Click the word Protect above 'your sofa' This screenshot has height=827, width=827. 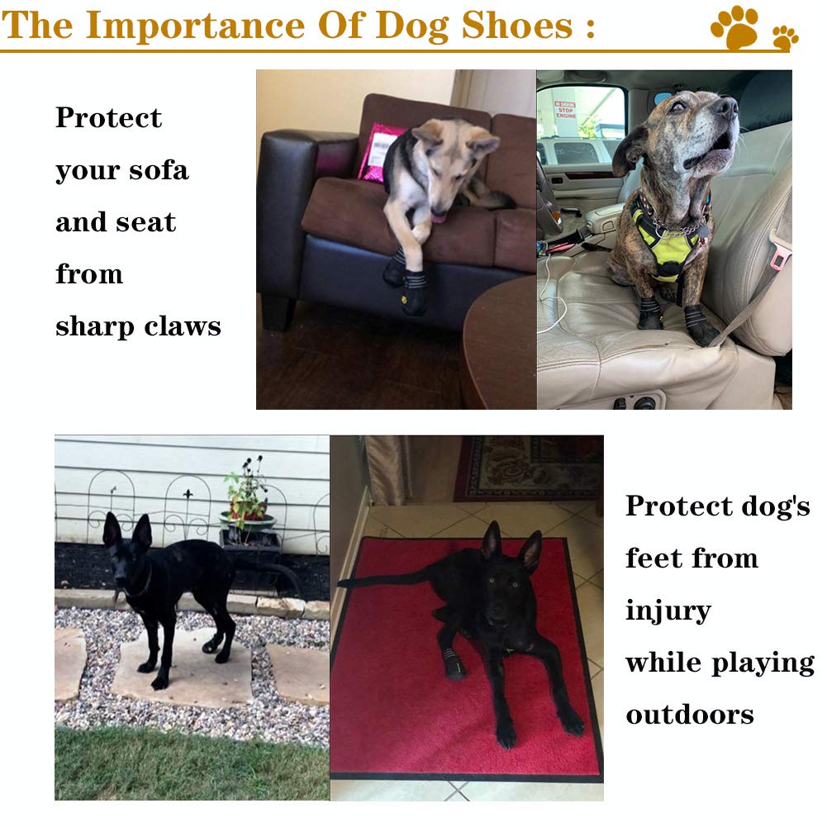tap(108, 118)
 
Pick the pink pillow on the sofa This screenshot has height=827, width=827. tap(376, 151)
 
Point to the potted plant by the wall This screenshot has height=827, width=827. tap(246, 504)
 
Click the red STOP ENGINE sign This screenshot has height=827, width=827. tap(565, 109)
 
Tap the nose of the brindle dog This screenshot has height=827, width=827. tap(725, 105)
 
